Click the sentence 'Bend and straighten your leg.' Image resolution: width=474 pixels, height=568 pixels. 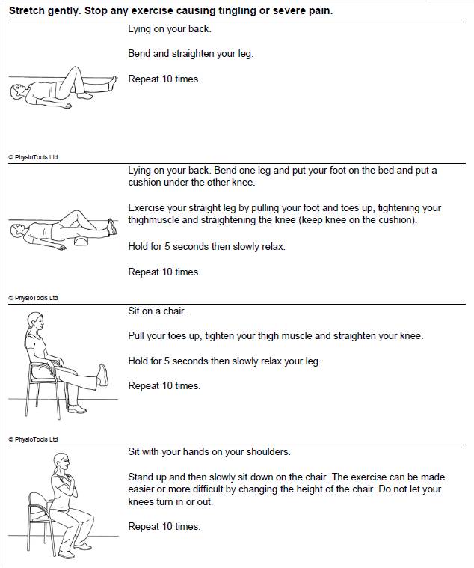click(x=191, y=54)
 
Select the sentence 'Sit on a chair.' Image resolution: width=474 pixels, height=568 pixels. click(x=157, y=311)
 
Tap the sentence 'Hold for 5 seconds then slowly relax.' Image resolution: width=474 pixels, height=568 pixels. click(x=206, y=246)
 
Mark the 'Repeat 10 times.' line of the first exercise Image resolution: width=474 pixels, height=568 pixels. click(x=164, y=79)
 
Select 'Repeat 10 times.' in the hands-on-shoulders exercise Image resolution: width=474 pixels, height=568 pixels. click(x=164, y=526)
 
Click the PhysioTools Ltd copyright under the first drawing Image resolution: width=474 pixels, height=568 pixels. click(x=33, y=157)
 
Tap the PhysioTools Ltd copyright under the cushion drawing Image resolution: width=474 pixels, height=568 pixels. click(x=33, y=298)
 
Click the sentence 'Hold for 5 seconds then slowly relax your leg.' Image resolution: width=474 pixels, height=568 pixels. click(x=224, y=361)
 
